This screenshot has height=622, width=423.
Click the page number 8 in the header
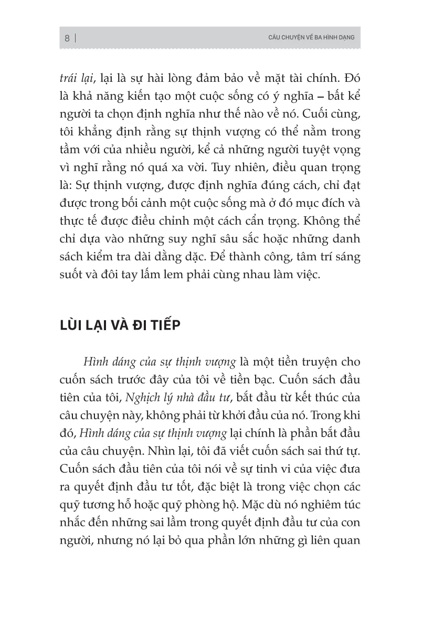click(67, 38)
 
